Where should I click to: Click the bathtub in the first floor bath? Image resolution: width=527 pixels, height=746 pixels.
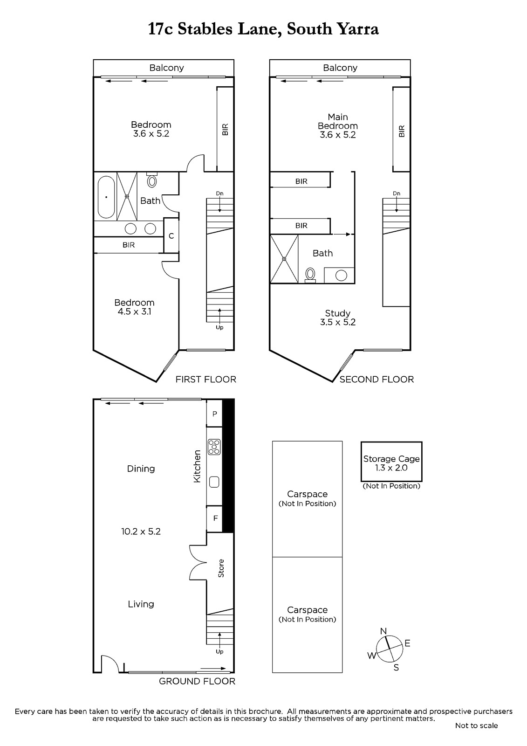[x=106, y=197]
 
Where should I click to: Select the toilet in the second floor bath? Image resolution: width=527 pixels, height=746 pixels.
[x=310, y=275]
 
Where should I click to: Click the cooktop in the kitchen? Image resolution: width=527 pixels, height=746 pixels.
[x=214, y=447]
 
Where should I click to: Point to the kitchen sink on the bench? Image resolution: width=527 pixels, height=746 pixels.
[x=214, y=482]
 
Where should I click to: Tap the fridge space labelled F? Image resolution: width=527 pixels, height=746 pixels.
[x=214, y=518]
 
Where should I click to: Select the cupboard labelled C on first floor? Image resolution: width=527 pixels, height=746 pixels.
[x=171, y=236]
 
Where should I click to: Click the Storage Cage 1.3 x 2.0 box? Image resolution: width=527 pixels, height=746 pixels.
[x=391, y=462]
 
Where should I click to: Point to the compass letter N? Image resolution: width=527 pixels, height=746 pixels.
[x=383, y=631]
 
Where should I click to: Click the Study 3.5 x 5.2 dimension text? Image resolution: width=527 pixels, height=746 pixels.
[x=337, y=322]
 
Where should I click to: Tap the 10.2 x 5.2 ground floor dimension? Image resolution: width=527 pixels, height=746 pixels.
[x=141, y=531]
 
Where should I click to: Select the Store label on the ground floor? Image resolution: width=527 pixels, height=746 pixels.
[x=221, y=568]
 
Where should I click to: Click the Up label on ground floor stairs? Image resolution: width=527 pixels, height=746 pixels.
[x=219, y=652]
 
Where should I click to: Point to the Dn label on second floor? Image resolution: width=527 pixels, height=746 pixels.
[x=396, y=193]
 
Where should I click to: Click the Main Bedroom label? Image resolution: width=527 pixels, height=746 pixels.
[x=337, y=122]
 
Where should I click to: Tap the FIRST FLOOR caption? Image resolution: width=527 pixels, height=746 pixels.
[x=206, y=380]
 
